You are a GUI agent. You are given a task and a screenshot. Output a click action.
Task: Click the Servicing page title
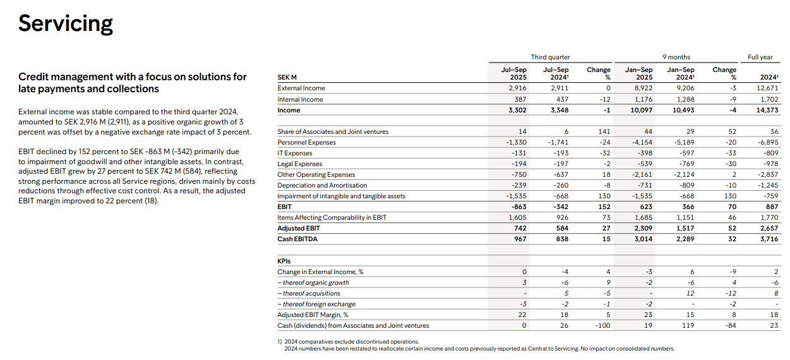tap(66, 23)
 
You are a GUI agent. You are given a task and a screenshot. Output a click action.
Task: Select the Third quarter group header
tap(550, 57)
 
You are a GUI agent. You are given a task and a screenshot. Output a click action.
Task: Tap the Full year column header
tap(760, 57)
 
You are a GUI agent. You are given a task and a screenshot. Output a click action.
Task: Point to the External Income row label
tap(301, 88)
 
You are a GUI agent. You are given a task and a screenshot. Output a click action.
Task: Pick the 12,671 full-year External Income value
tap(768, 88)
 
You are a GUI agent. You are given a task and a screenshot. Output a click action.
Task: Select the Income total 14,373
tap(767, 110)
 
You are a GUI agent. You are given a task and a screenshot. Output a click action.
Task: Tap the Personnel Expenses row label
tap(306, 143)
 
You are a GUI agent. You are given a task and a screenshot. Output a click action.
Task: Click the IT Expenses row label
tap(294, 153)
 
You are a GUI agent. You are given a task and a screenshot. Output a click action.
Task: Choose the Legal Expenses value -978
tap(770, 164)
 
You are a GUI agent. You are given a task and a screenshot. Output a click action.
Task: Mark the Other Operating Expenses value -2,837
tap(768, 175)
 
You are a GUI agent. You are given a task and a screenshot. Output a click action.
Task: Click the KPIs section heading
tap(284, 261)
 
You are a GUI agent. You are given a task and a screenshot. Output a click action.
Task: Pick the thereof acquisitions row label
tap(309, 294)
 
